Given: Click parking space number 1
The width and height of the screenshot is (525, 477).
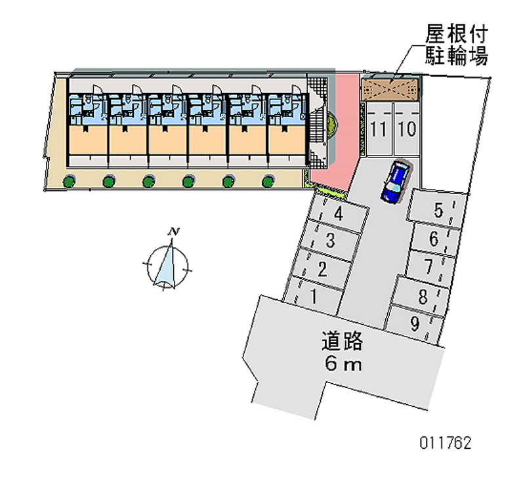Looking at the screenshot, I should (315, 296).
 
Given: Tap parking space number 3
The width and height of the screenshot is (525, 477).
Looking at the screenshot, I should (331, 240).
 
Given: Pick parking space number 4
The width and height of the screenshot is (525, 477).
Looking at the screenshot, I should (339, 213).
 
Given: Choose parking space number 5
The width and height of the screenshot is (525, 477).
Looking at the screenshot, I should (438, 211).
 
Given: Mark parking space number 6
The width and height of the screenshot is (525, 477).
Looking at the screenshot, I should (434, 239).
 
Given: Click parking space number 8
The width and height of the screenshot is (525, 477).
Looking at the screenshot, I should (423, 296).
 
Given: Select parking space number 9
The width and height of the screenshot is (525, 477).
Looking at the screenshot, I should (415, 323).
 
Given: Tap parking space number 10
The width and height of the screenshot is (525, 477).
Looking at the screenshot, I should (407, 128).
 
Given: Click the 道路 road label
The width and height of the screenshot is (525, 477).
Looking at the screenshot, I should (342, 342).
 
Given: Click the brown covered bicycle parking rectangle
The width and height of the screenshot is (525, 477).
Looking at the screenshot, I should (391, 89).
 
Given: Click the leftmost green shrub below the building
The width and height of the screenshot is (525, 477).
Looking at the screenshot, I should (68, 180).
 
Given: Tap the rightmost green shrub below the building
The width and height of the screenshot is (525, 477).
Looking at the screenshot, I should (268, 180).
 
